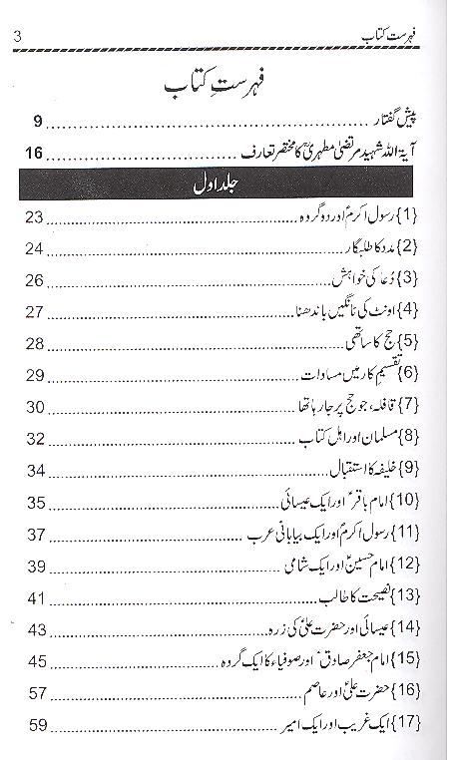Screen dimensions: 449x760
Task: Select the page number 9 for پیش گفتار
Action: point(37,123)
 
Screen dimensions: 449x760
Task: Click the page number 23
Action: point(36,218)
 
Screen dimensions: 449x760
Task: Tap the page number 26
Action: point(36,281)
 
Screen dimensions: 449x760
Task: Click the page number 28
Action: point(36,344)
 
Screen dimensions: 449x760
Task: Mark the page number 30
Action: point(36,407)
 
